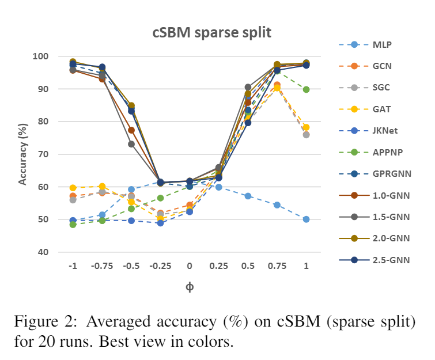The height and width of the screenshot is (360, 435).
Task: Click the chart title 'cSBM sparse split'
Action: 211,33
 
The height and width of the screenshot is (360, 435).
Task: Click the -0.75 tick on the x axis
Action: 102,267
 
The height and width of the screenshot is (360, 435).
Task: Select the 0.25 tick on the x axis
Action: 218,267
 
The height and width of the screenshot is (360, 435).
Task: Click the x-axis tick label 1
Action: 306,267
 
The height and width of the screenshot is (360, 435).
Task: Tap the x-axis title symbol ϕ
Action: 189,286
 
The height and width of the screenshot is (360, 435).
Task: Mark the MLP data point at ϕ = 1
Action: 306,219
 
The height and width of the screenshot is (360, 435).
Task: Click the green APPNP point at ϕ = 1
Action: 306,89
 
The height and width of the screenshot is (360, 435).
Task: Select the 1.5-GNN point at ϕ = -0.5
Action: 131,144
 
